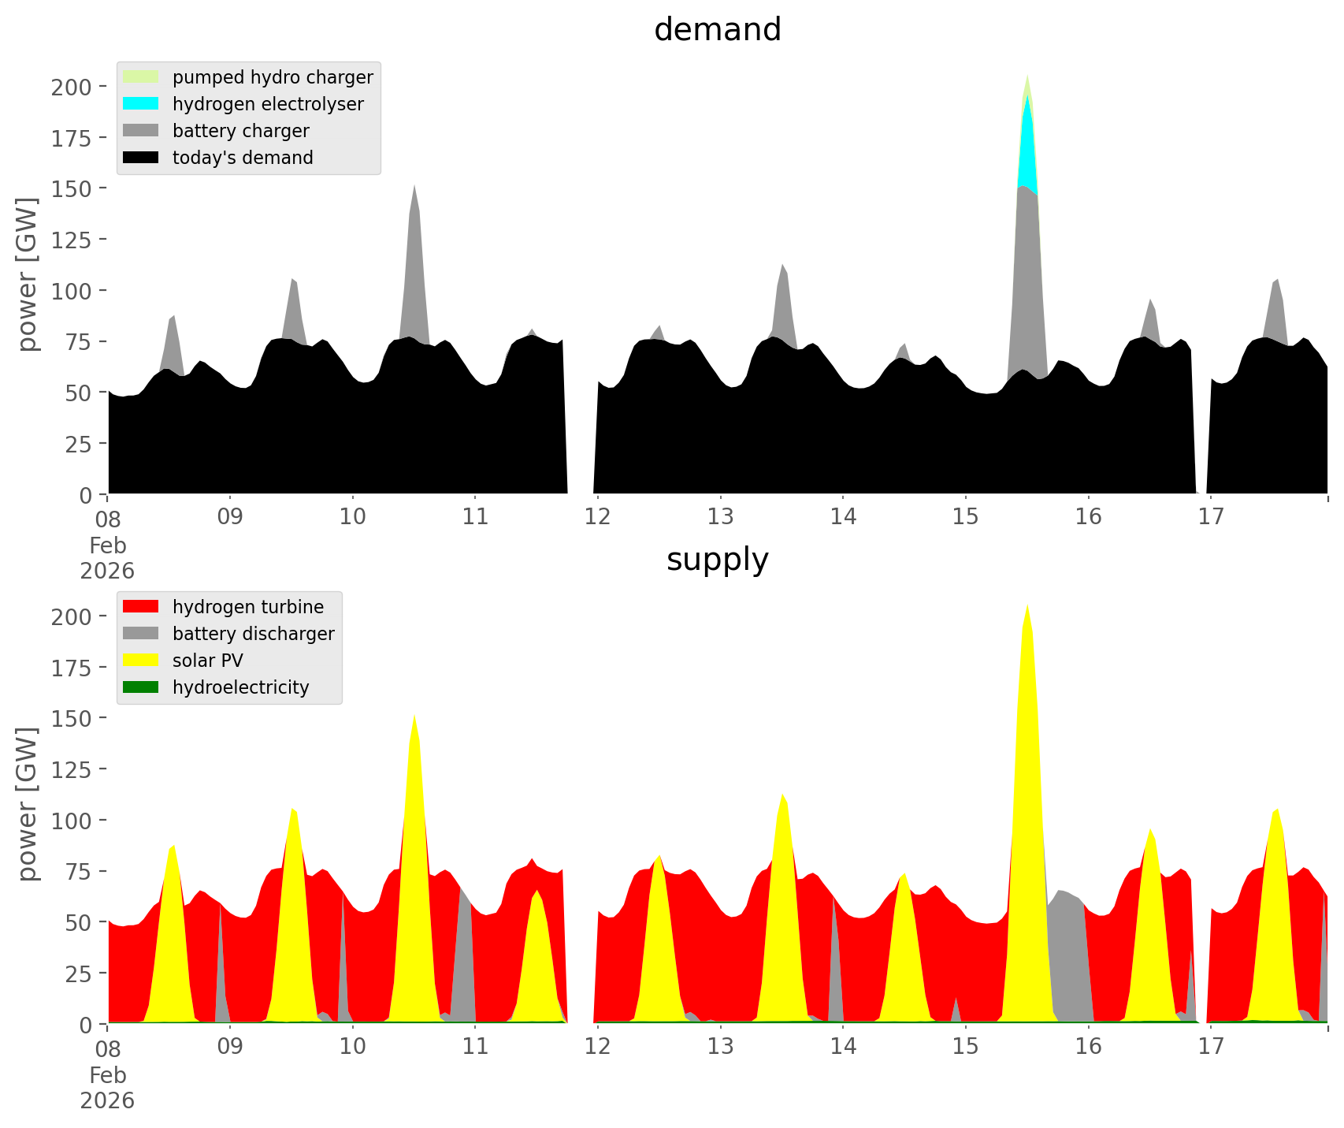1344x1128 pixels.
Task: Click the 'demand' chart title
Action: [717, 30]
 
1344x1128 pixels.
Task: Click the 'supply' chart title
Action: [717, 560]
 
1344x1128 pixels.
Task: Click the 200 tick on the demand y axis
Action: [72, 87]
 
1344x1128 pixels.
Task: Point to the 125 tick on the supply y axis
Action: [72, 769]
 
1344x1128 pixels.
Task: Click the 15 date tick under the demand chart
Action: [965, 517]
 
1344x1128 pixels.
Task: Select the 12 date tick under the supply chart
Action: [598, 1047]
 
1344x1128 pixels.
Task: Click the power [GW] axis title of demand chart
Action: [28, 274]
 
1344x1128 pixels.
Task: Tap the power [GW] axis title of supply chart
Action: [28, 804]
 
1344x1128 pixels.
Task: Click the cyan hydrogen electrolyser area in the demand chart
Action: [1027, 150]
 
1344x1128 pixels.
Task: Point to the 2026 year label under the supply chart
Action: [107, 1100]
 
